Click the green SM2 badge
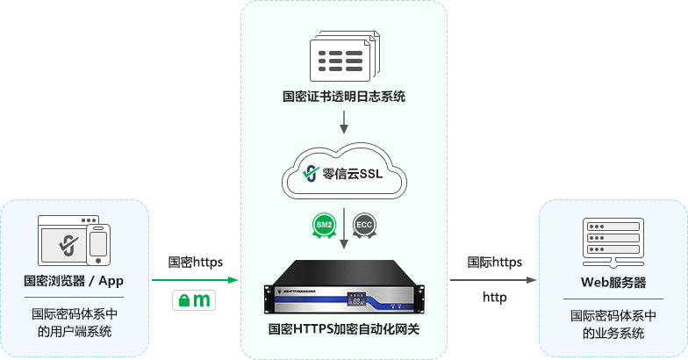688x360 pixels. coord(325,226)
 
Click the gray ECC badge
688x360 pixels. coord(364,226)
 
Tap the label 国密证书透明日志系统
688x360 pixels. coord(344,97)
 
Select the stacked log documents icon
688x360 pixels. coord(343,58)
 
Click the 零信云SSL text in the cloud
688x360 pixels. coord(361,173)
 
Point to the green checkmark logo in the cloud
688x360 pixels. coord(312,172)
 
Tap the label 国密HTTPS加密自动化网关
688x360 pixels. coord(344,330)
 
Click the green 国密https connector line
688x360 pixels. coord(195,279)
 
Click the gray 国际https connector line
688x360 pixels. coord(493,279)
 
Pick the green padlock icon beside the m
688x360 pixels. coord(184,300)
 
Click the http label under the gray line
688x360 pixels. coord(494,298)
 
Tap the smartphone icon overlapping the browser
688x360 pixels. coord(98,245)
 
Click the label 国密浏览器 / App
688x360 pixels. coord(74,282)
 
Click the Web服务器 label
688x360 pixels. coord(613,283)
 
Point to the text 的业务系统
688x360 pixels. coord(613,334)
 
